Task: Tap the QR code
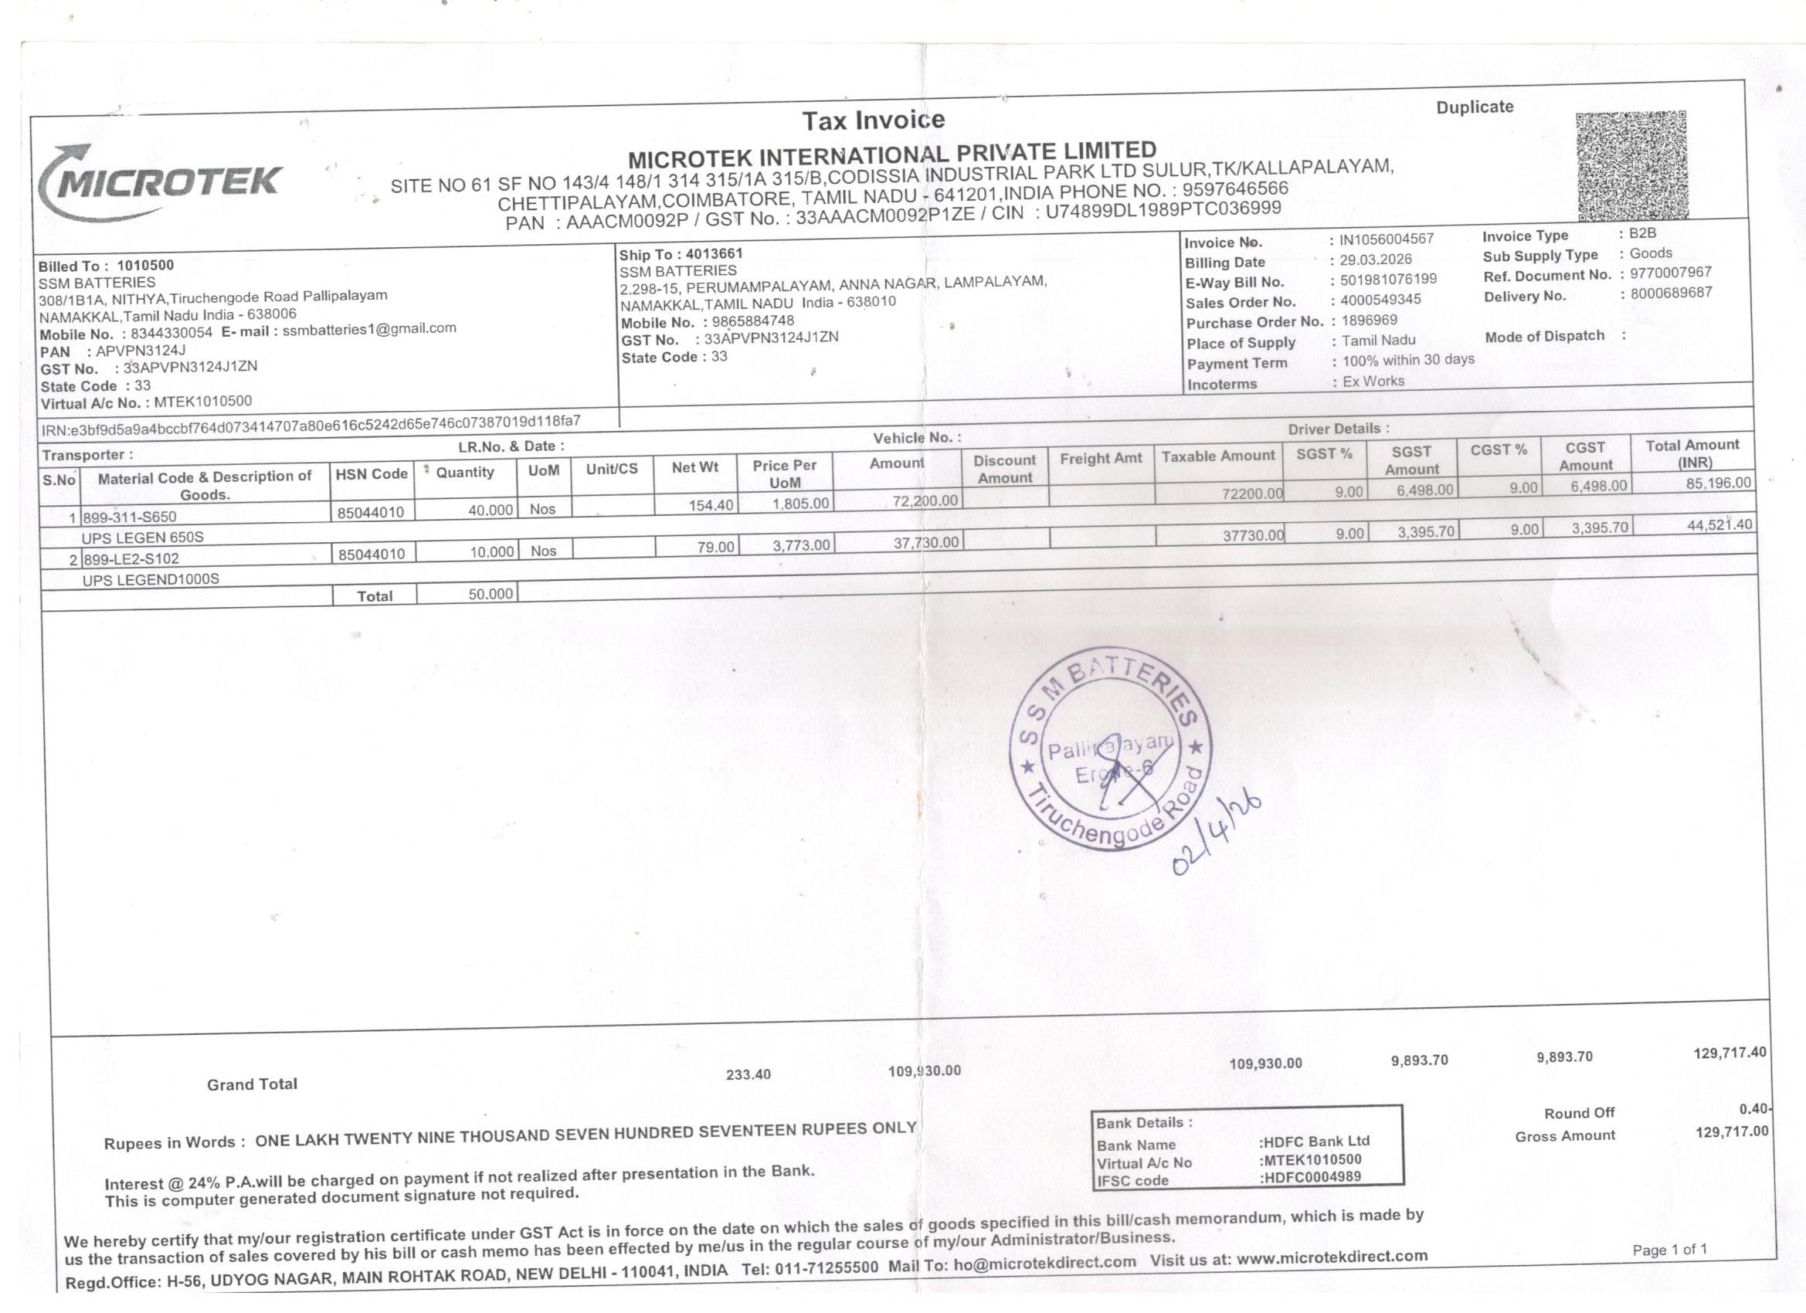1631,165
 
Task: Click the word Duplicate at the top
1474,107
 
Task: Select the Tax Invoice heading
873,120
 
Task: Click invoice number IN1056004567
1387,239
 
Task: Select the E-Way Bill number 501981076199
1388,280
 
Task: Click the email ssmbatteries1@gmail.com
369,328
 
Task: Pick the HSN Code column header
371,473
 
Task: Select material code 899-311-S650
130,517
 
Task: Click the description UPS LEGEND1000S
151,578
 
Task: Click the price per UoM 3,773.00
801,545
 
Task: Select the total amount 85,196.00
1718,483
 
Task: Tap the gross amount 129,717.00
1731,1131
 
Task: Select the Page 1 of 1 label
1669,1250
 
